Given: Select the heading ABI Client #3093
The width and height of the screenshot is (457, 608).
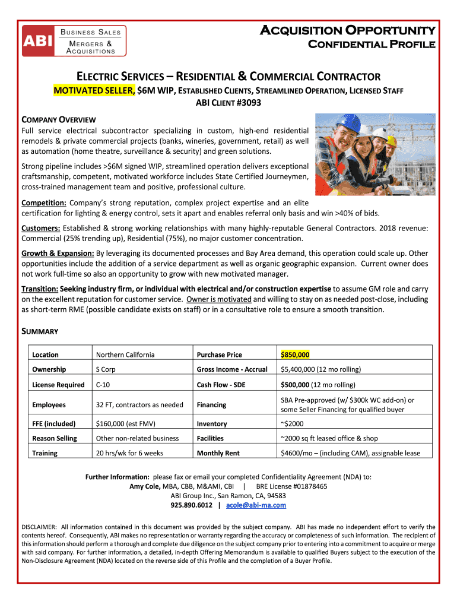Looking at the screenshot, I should click(x=228, y=103).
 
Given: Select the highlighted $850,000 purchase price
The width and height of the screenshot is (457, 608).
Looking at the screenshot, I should click(x=295, y=354).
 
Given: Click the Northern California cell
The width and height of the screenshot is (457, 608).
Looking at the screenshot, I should click(x=125, y=354).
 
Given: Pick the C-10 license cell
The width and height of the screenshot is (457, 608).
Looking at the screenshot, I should click(x=103, y=385).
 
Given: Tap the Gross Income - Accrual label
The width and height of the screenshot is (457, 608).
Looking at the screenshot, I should click(x=232, y=369).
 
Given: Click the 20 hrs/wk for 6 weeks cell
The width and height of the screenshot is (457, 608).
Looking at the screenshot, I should click(x=130, y=453).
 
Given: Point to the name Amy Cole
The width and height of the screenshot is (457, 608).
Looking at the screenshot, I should click(x=145, y=486).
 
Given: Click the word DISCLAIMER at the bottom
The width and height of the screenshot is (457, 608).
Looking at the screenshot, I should click(x=39, y=527).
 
